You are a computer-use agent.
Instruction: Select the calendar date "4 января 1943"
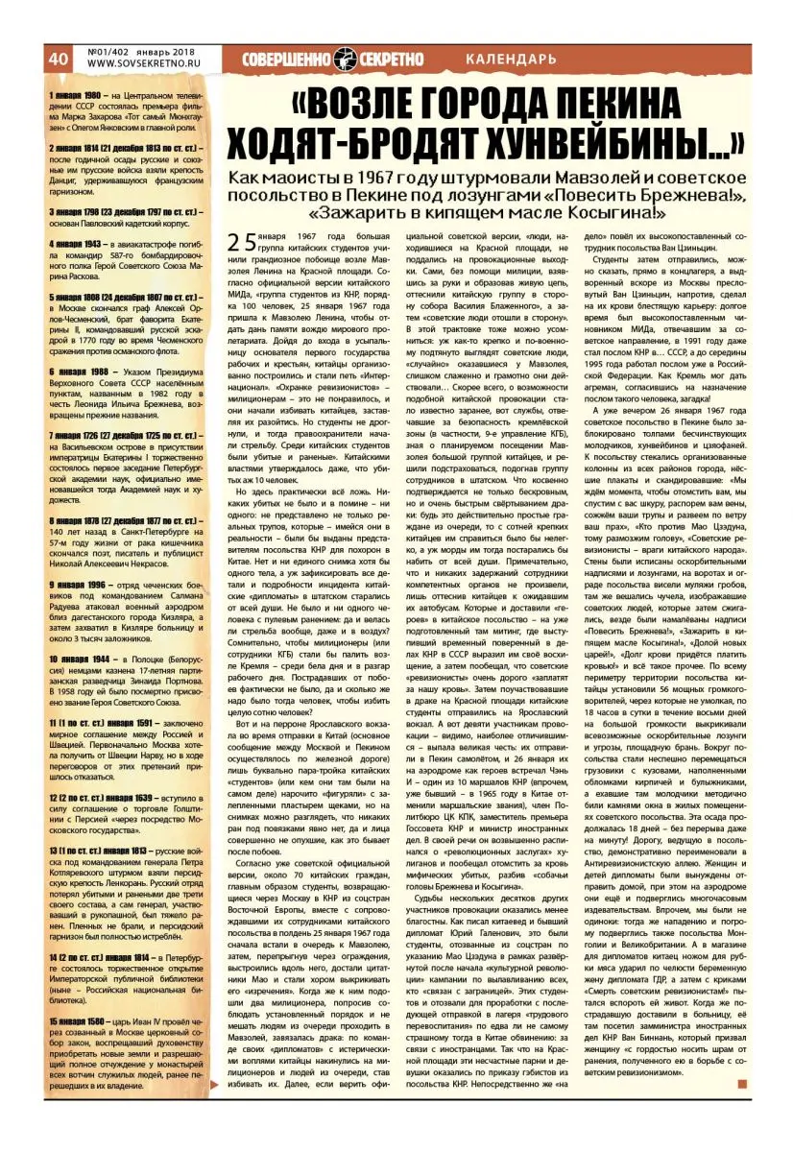click(78, 245)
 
